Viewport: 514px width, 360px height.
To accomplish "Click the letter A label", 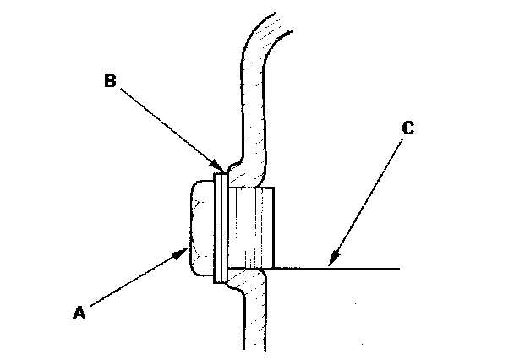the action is [x=79, y=312].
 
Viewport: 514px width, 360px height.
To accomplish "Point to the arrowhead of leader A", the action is [x=189, y=248].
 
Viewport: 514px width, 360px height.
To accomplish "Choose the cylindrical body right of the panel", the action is [x=251, y=226].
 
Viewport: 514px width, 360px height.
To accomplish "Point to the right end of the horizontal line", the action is [x=396, y=269].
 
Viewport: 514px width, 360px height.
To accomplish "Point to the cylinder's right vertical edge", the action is [x=276, y=226].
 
